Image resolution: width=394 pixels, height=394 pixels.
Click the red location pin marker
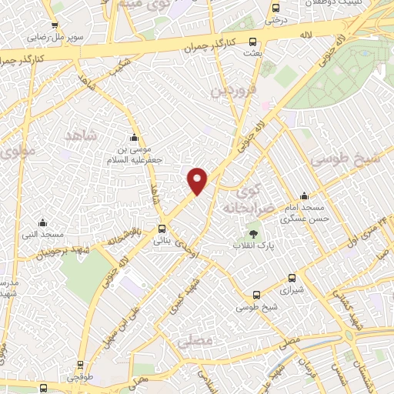point(198,180)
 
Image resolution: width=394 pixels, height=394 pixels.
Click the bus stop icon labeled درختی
point(275,8)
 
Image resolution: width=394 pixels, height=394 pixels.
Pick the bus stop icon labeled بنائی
point(162,229)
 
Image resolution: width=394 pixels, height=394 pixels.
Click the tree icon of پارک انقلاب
point(253,233)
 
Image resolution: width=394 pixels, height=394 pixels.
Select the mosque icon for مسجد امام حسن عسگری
point(305,195)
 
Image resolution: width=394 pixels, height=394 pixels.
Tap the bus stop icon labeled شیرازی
point(291,279)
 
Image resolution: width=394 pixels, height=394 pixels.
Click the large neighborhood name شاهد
point(82,137)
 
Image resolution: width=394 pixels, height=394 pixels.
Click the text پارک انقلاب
point(254,245)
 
